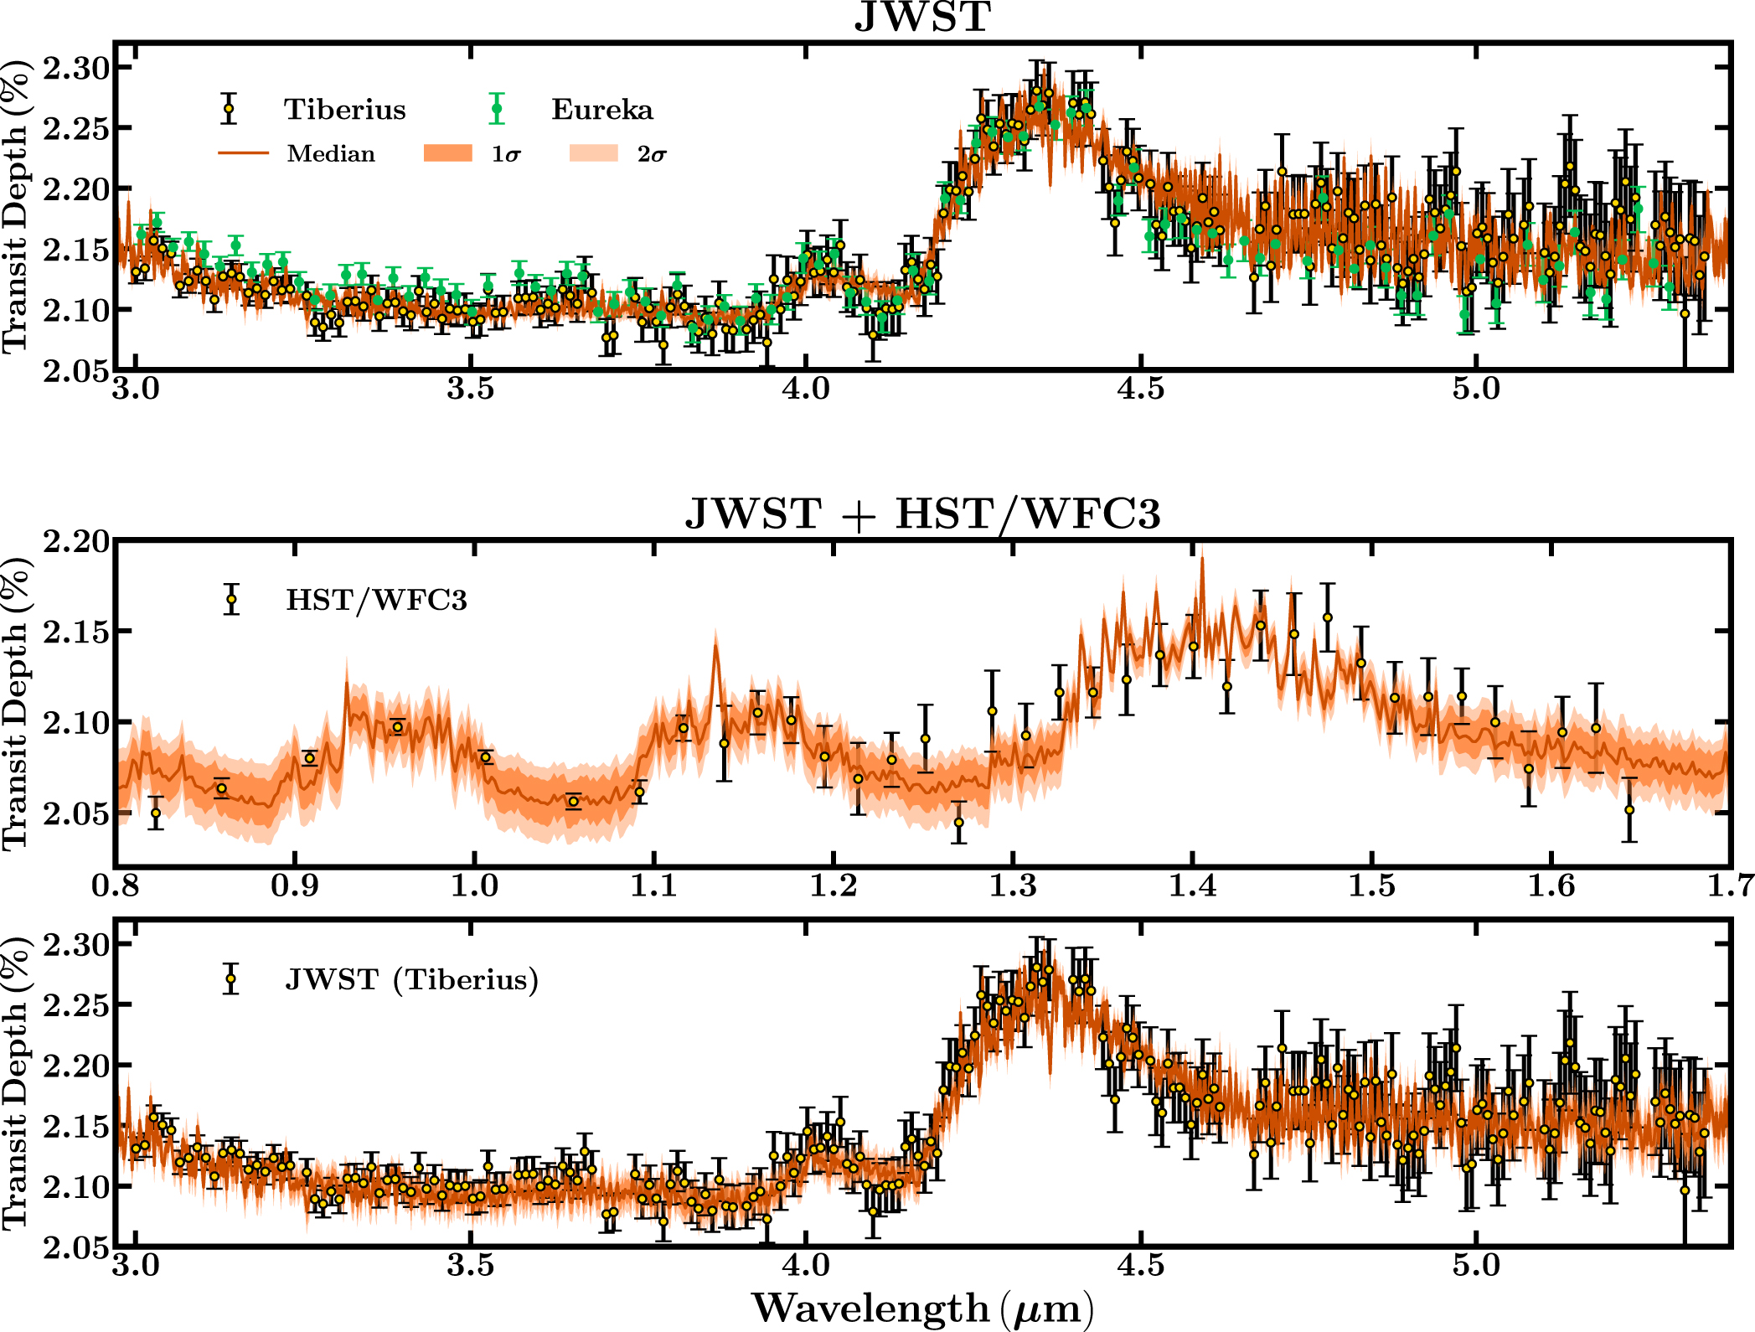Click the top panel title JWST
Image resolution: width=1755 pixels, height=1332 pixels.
click(922, 17)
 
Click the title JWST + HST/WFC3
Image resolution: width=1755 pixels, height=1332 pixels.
click(922, 514)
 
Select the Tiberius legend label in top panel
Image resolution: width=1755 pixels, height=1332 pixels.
click(344, 110)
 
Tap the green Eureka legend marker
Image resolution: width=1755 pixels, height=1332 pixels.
click(497, 109)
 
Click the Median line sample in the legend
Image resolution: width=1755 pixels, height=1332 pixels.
click(243, 153)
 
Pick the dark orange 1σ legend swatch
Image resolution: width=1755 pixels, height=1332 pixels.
click(448, 153)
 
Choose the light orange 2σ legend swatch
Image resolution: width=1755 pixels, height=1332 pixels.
click(593, 153)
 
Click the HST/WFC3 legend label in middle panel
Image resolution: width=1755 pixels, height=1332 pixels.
click(376, 600)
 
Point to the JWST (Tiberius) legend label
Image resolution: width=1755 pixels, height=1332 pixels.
click(411, 979)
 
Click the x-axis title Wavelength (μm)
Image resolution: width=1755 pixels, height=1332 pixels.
click(922, 1308)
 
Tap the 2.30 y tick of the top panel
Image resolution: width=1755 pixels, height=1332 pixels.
click(76, 68)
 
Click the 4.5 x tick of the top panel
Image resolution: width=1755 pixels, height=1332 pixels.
click(1140, 390)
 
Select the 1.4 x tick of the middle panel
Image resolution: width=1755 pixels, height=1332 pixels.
click(1192, 885)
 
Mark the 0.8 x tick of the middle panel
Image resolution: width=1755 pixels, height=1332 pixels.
click(116, 885)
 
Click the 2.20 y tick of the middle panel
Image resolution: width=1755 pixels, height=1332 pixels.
click(76, 542)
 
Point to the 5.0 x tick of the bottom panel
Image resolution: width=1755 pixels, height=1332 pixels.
click(1475, 1264)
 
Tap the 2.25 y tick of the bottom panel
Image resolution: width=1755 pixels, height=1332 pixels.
click(76, 1005)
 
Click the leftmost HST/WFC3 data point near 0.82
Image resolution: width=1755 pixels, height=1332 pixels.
click(155, 813)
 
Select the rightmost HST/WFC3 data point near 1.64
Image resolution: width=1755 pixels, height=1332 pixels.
click(1629, 810)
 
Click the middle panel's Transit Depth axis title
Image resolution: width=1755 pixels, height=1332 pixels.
click(17, 702)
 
